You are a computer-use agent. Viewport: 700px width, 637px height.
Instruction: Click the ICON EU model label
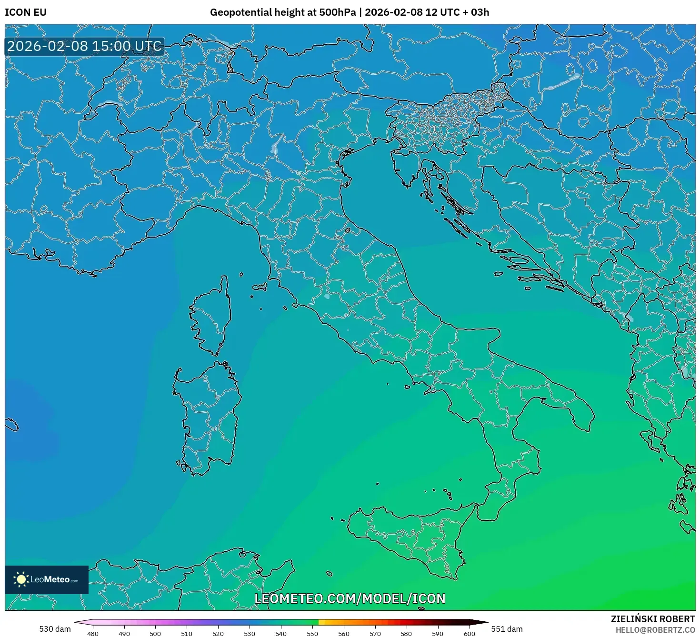click(26, 12)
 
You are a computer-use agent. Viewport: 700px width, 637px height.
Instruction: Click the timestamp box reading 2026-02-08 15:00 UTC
click(84, 46)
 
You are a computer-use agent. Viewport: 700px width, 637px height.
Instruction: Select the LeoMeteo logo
click(47, 579)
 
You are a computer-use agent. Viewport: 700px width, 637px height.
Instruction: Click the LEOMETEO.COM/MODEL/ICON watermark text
click(350, 598)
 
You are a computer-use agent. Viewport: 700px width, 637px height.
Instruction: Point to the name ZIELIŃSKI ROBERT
click(653, 619)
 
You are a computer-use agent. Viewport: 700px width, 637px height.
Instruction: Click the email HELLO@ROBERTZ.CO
click(655, 630)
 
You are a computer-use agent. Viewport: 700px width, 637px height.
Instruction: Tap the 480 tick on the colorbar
click(93, 633)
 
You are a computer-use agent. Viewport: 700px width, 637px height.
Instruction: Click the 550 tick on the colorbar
click(312, 633)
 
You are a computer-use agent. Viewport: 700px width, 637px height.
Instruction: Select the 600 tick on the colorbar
click(469, 633)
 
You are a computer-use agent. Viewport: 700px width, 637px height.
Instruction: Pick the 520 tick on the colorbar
click(218, 633)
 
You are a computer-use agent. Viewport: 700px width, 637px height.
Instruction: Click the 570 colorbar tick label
click(375, 633)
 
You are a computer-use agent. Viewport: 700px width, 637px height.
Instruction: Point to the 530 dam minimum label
click(55, 629)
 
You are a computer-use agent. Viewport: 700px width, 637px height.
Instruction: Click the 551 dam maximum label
click(507, 629)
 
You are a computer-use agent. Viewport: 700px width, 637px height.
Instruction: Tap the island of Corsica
click(212, 317)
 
